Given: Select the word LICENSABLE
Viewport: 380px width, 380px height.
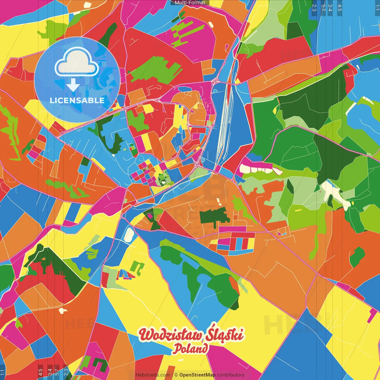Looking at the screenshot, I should pyautogui.click(x=77, y=100).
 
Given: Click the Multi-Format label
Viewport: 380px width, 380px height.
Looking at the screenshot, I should pyautogui.click(x=190, y=3).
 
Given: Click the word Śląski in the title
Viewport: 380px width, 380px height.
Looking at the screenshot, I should pyautogui.click(x=226, y=334).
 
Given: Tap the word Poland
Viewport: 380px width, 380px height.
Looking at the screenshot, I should pyautogui.click(x=191, y=349).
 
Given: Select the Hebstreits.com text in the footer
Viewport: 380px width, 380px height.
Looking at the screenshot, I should pyautogui.click(x=153, y=375).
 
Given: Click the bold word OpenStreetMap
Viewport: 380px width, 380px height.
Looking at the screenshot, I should pyautogui.click(x=197, y=375).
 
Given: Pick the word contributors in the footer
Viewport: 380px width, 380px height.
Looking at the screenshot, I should pyautogui.click(x=231, y=375).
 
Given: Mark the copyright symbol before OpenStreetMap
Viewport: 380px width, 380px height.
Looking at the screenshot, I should pyautogui.click(x=176, y=375).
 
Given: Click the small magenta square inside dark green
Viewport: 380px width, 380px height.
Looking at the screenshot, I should pyautogui.click(x=150, y=216).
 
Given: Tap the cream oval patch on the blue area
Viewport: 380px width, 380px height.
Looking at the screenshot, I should pyautogui.click(x=129, y=235).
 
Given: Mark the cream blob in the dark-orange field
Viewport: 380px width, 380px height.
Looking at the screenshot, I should pyautogui.click(x=62, y=311).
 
